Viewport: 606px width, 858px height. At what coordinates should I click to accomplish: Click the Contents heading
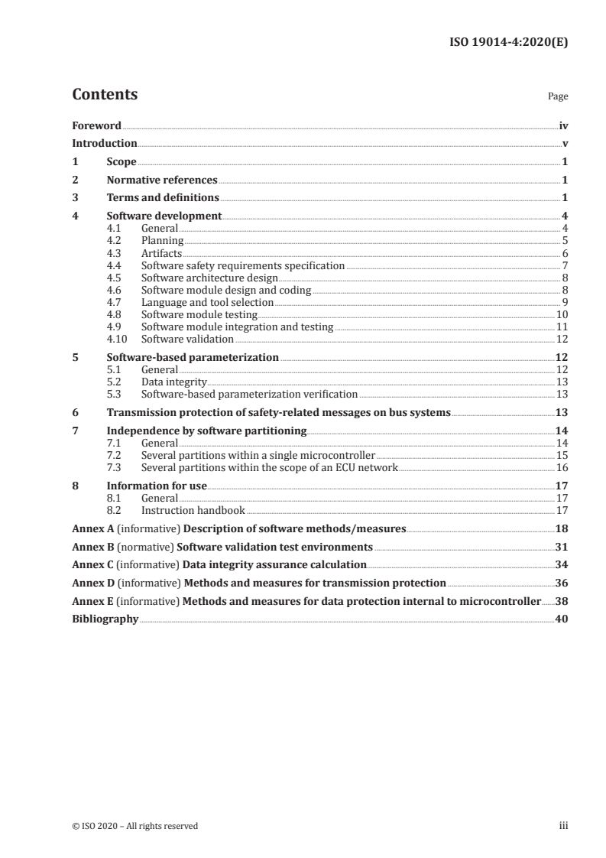click(105, 95)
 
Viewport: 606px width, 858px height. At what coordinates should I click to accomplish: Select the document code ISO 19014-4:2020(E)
click(507, 43)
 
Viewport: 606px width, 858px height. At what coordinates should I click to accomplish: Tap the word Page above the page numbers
click(558, 97)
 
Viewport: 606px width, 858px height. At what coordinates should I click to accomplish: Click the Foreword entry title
click(96, 125)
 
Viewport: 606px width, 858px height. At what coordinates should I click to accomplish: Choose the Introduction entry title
click(105, 144)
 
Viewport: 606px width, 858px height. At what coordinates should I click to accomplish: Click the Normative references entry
click(162, 180)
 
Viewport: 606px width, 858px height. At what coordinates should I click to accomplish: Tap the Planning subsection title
click(162, 241)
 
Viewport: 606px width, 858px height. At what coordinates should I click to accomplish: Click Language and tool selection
click(207, 302)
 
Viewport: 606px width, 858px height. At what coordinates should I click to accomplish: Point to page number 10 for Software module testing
click(561, 314)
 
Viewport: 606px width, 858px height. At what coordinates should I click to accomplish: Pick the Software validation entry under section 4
click(187, 339)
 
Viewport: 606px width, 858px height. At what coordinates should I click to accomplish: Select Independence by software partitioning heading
click(206, 431)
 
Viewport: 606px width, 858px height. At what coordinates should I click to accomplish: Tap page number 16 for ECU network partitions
click(561, 467)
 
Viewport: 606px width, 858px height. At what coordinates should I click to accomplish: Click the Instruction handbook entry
click(193, 510)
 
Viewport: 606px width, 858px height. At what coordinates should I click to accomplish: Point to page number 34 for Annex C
click(561, 565)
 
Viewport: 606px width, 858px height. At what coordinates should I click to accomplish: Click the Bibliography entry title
click(105, 619)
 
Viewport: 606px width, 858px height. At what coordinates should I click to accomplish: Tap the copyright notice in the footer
click(135, 826)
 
